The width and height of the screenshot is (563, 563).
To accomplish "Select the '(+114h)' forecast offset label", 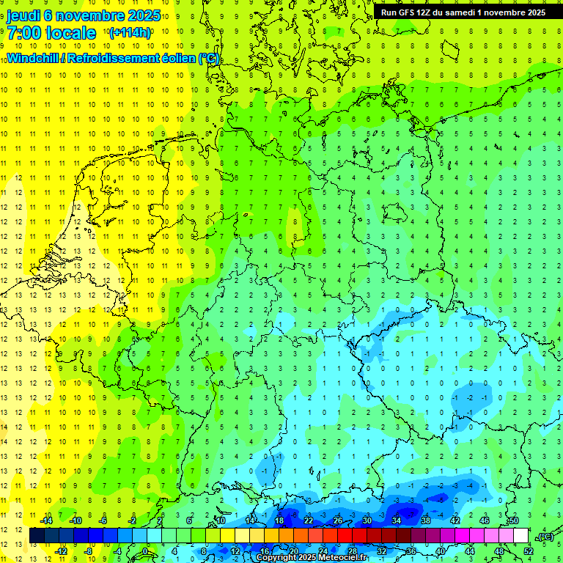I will point(130,33).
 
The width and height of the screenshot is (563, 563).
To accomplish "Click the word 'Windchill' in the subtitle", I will point(31,58).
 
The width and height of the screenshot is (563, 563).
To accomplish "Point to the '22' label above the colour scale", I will point(309,520).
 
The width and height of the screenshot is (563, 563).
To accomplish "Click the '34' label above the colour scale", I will point(397,520).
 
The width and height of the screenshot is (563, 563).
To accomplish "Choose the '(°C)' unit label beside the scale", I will point(545,537).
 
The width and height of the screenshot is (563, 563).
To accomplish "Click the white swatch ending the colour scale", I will point(521,536).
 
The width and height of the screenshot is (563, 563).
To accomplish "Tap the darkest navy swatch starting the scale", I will point(37,536).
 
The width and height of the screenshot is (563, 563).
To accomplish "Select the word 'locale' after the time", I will point(72,34).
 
